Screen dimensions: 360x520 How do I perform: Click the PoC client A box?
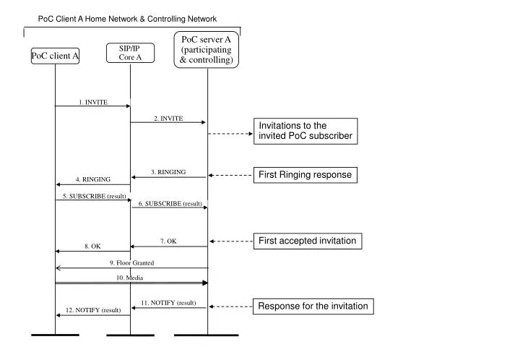(55, 56)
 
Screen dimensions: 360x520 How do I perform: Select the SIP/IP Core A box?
(130, 52)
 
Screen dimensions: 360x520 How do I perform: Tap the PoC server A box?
(207, 50)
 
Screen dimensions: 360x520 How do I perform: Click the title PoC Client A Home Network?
(127, 19)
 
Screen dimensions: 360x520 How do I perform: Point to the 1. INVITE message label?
(93, 102)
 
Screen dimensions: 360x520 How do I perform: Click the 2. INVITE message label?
(168, 118)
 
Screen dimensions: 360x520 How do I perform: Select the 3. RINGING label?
(168, 172)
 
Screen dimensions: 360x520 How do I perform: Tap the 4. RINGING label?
(93, 179)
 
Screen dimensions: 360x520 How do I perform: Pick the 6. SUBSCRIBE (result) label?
(170, 204)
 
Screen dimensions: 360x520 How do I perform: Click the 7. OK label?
(168, 241)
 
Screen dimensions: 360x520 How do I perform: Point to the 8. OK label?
(92, 247)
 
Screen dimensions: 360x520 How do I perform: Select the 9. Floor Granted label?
(131, 262)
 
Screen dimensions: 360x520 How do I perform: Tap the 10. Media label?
(131, 278)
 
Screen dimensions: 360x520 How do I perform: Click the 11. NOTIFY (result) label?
(168, 302)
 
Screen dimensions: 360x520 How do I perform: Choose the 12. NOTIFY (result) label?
(93, 310)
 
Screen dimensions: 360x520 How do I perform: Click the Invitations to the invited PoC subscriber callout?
(305, 131)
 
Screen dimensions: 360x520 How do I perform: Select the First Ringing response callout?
(305, 175)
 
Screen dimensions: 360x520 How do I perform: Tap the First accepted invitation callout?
(307, 241)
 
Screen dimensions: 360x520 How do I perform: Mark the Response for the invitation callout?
(313, 307)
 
